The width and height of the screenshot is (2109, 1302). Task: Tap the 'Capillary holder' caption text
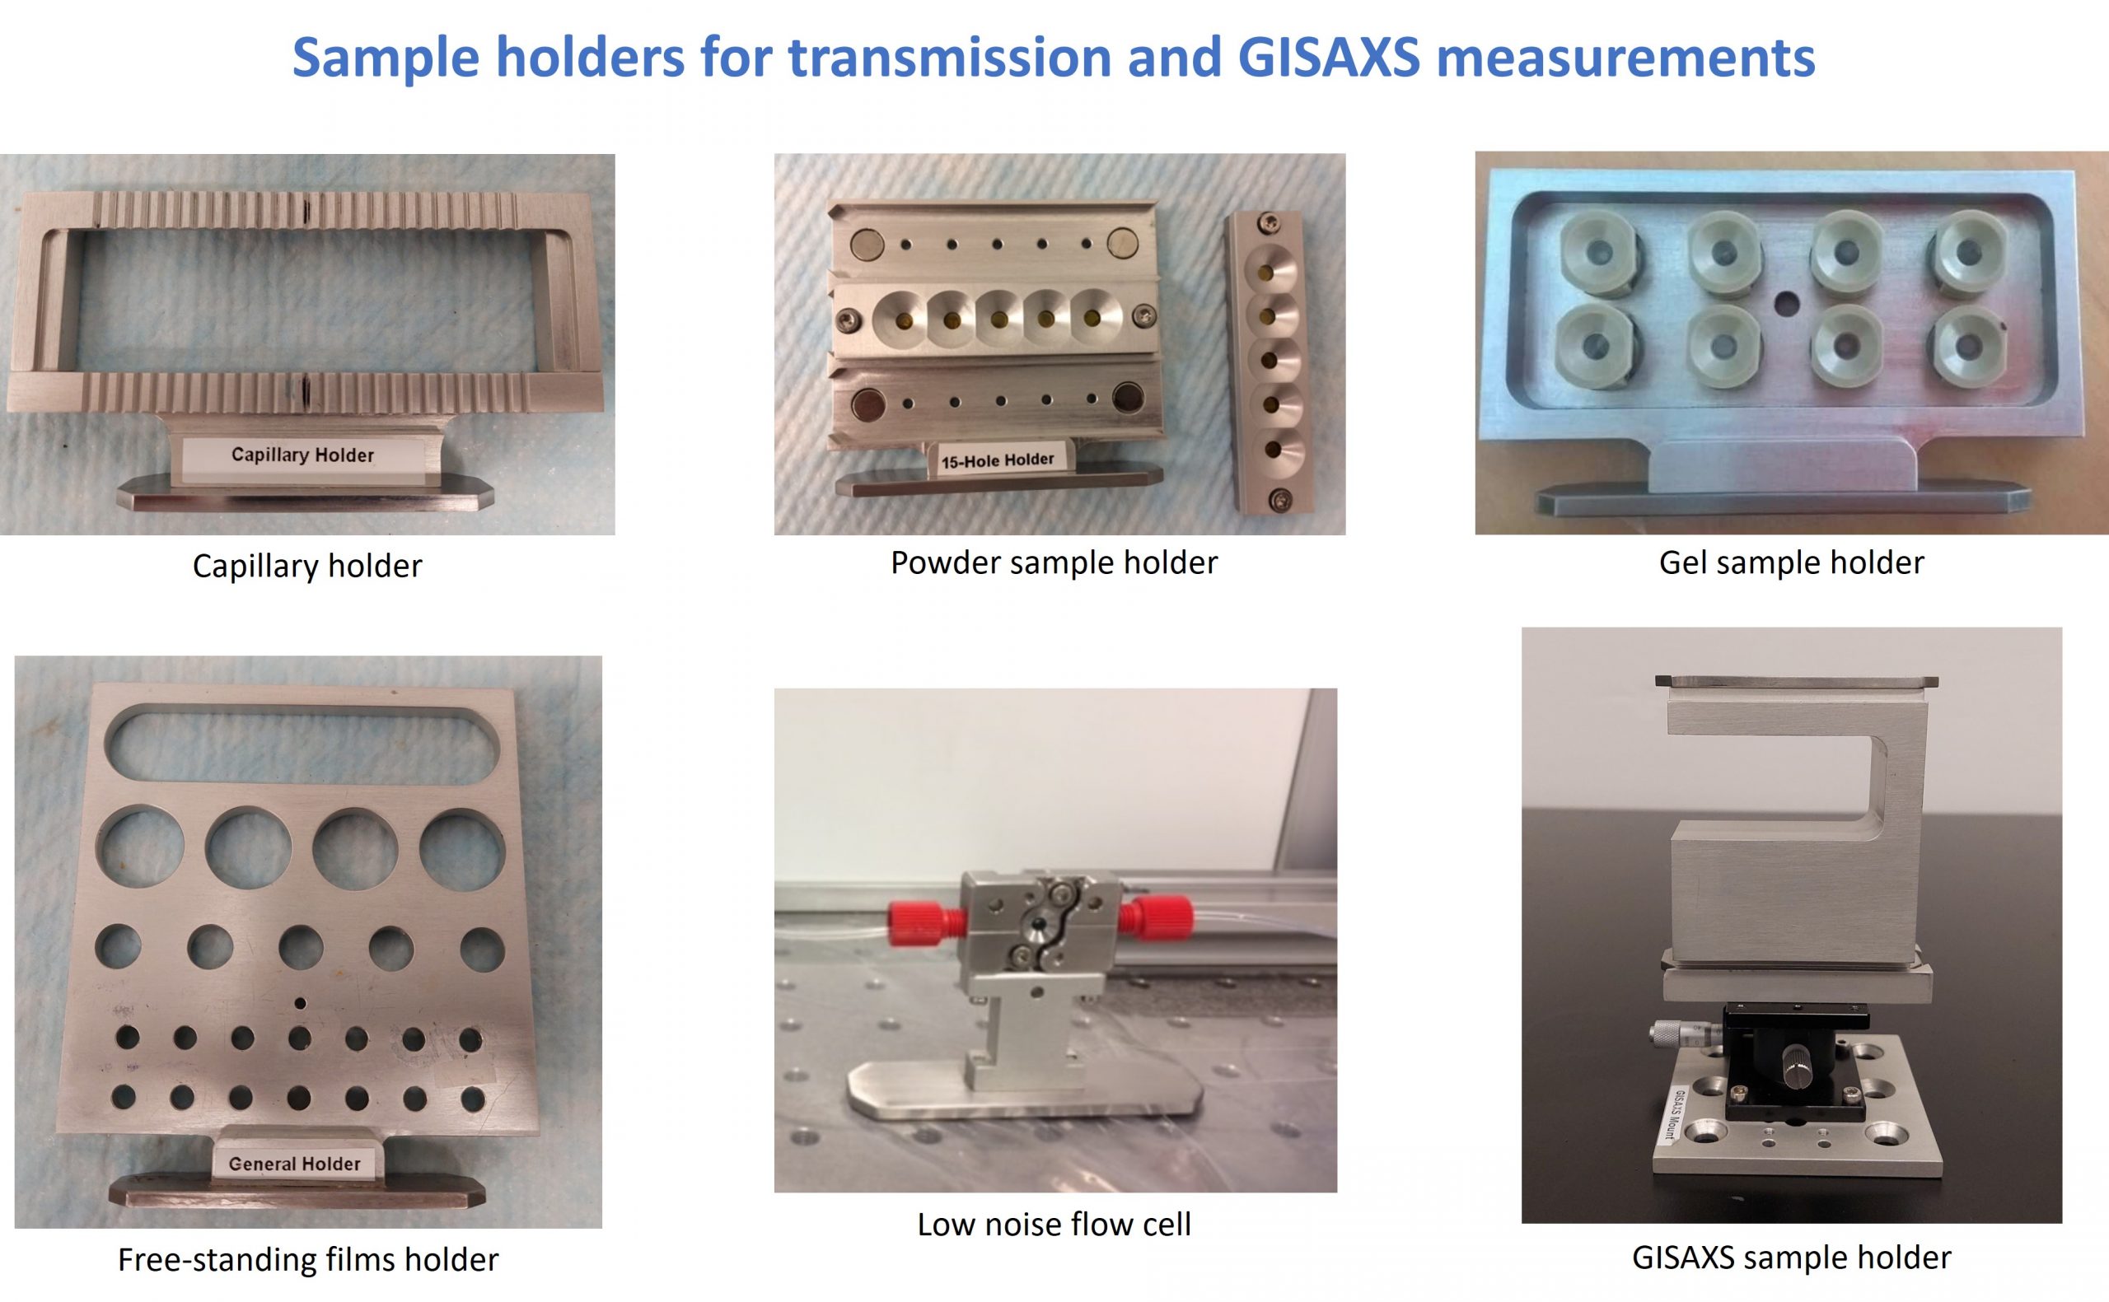pos(307,566)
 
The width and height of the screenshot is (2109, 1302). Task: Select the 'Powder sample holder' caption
pos(1054,562)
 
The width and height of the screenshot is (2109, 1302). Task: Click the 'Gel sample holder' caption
pos(1791,562)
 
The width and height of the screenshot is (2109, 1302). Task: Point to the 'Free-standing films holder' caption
pos(308,1260)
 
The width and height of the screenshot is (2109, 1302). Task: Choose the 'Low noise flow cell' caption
pos(1054,1224)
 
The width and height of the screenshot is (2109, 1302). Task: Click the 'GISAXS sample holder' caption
pos(1791,1258)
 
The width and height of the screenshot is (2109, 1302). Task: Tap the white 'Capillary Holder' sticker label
pos(303,455)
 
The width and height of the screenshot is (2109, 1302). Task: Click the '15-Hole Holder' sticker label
pos(997,460)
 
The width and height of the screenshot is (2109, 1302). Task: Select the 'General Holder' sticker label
pos(295,1164)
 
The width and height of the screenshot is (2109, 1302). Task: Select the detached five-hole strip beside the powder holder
pos(1265,362)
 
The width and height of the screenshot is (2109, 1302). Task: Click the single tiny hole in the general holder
pos(300,1003)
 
